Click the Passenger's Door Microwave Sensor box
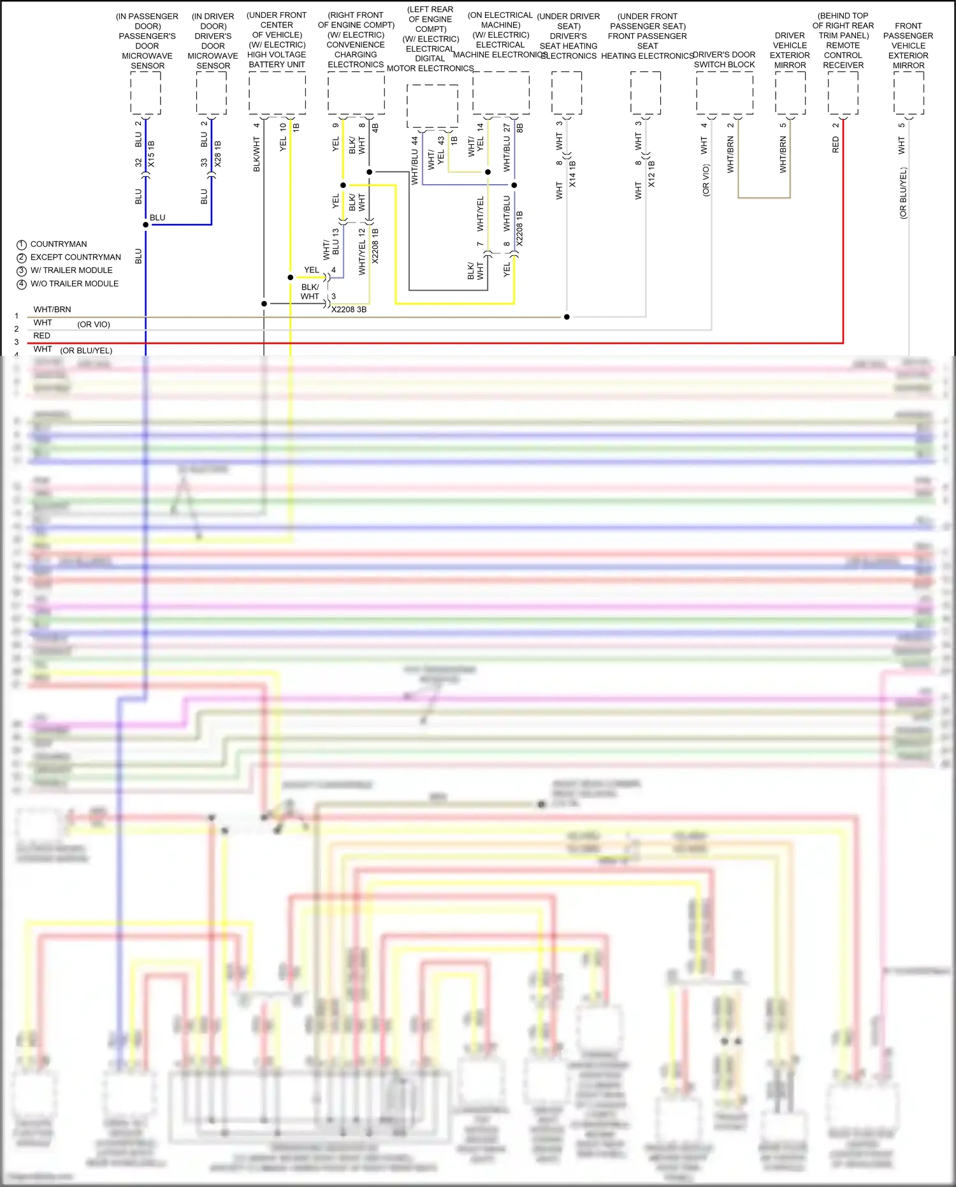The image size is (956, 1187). [x=145, y=93]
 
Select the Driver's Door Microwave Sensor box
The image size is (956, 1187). [x=212, y=93]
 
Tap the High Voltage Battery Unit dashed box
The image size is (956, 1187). [x=277, y=93]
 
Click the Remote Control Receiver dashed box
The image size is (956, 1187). [x=843, y=93]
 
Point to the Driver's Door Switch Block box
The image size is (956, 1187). [x=724, y=93]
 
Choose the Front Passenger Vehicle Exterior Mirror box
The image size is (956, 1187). [x=908, y=93]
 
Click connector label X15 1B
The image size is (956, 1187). [x=151, y=154]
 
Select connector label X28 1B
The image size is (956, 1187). [x=217, y=154]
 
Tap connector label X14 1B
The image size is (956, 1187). [x=572, y=174]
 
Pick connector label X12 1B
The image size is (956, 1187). [x=651, y=174]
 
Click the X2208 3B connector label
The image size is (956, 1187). [x=349, y=309]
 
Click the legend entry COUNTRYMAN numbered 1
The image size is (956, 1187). [x=58, y=244]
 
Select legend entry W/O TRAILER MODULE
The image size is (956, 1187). [x=74, y=284]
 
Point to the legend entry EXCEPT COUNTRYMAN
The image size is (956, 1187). [x=75, y=257]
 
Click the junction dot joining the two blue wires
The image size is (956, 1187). [x=145, y=225]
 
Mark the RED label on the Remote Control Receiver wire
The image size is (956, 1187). [x=836, y=145]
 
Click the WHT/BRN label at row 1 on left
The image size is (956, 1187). [x=52, y=309]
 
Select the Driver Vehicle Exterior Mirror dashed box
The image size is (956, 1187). [x=790, y=93]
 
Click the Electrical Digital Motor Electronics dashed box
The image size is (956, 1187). [x=432, y=106]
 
